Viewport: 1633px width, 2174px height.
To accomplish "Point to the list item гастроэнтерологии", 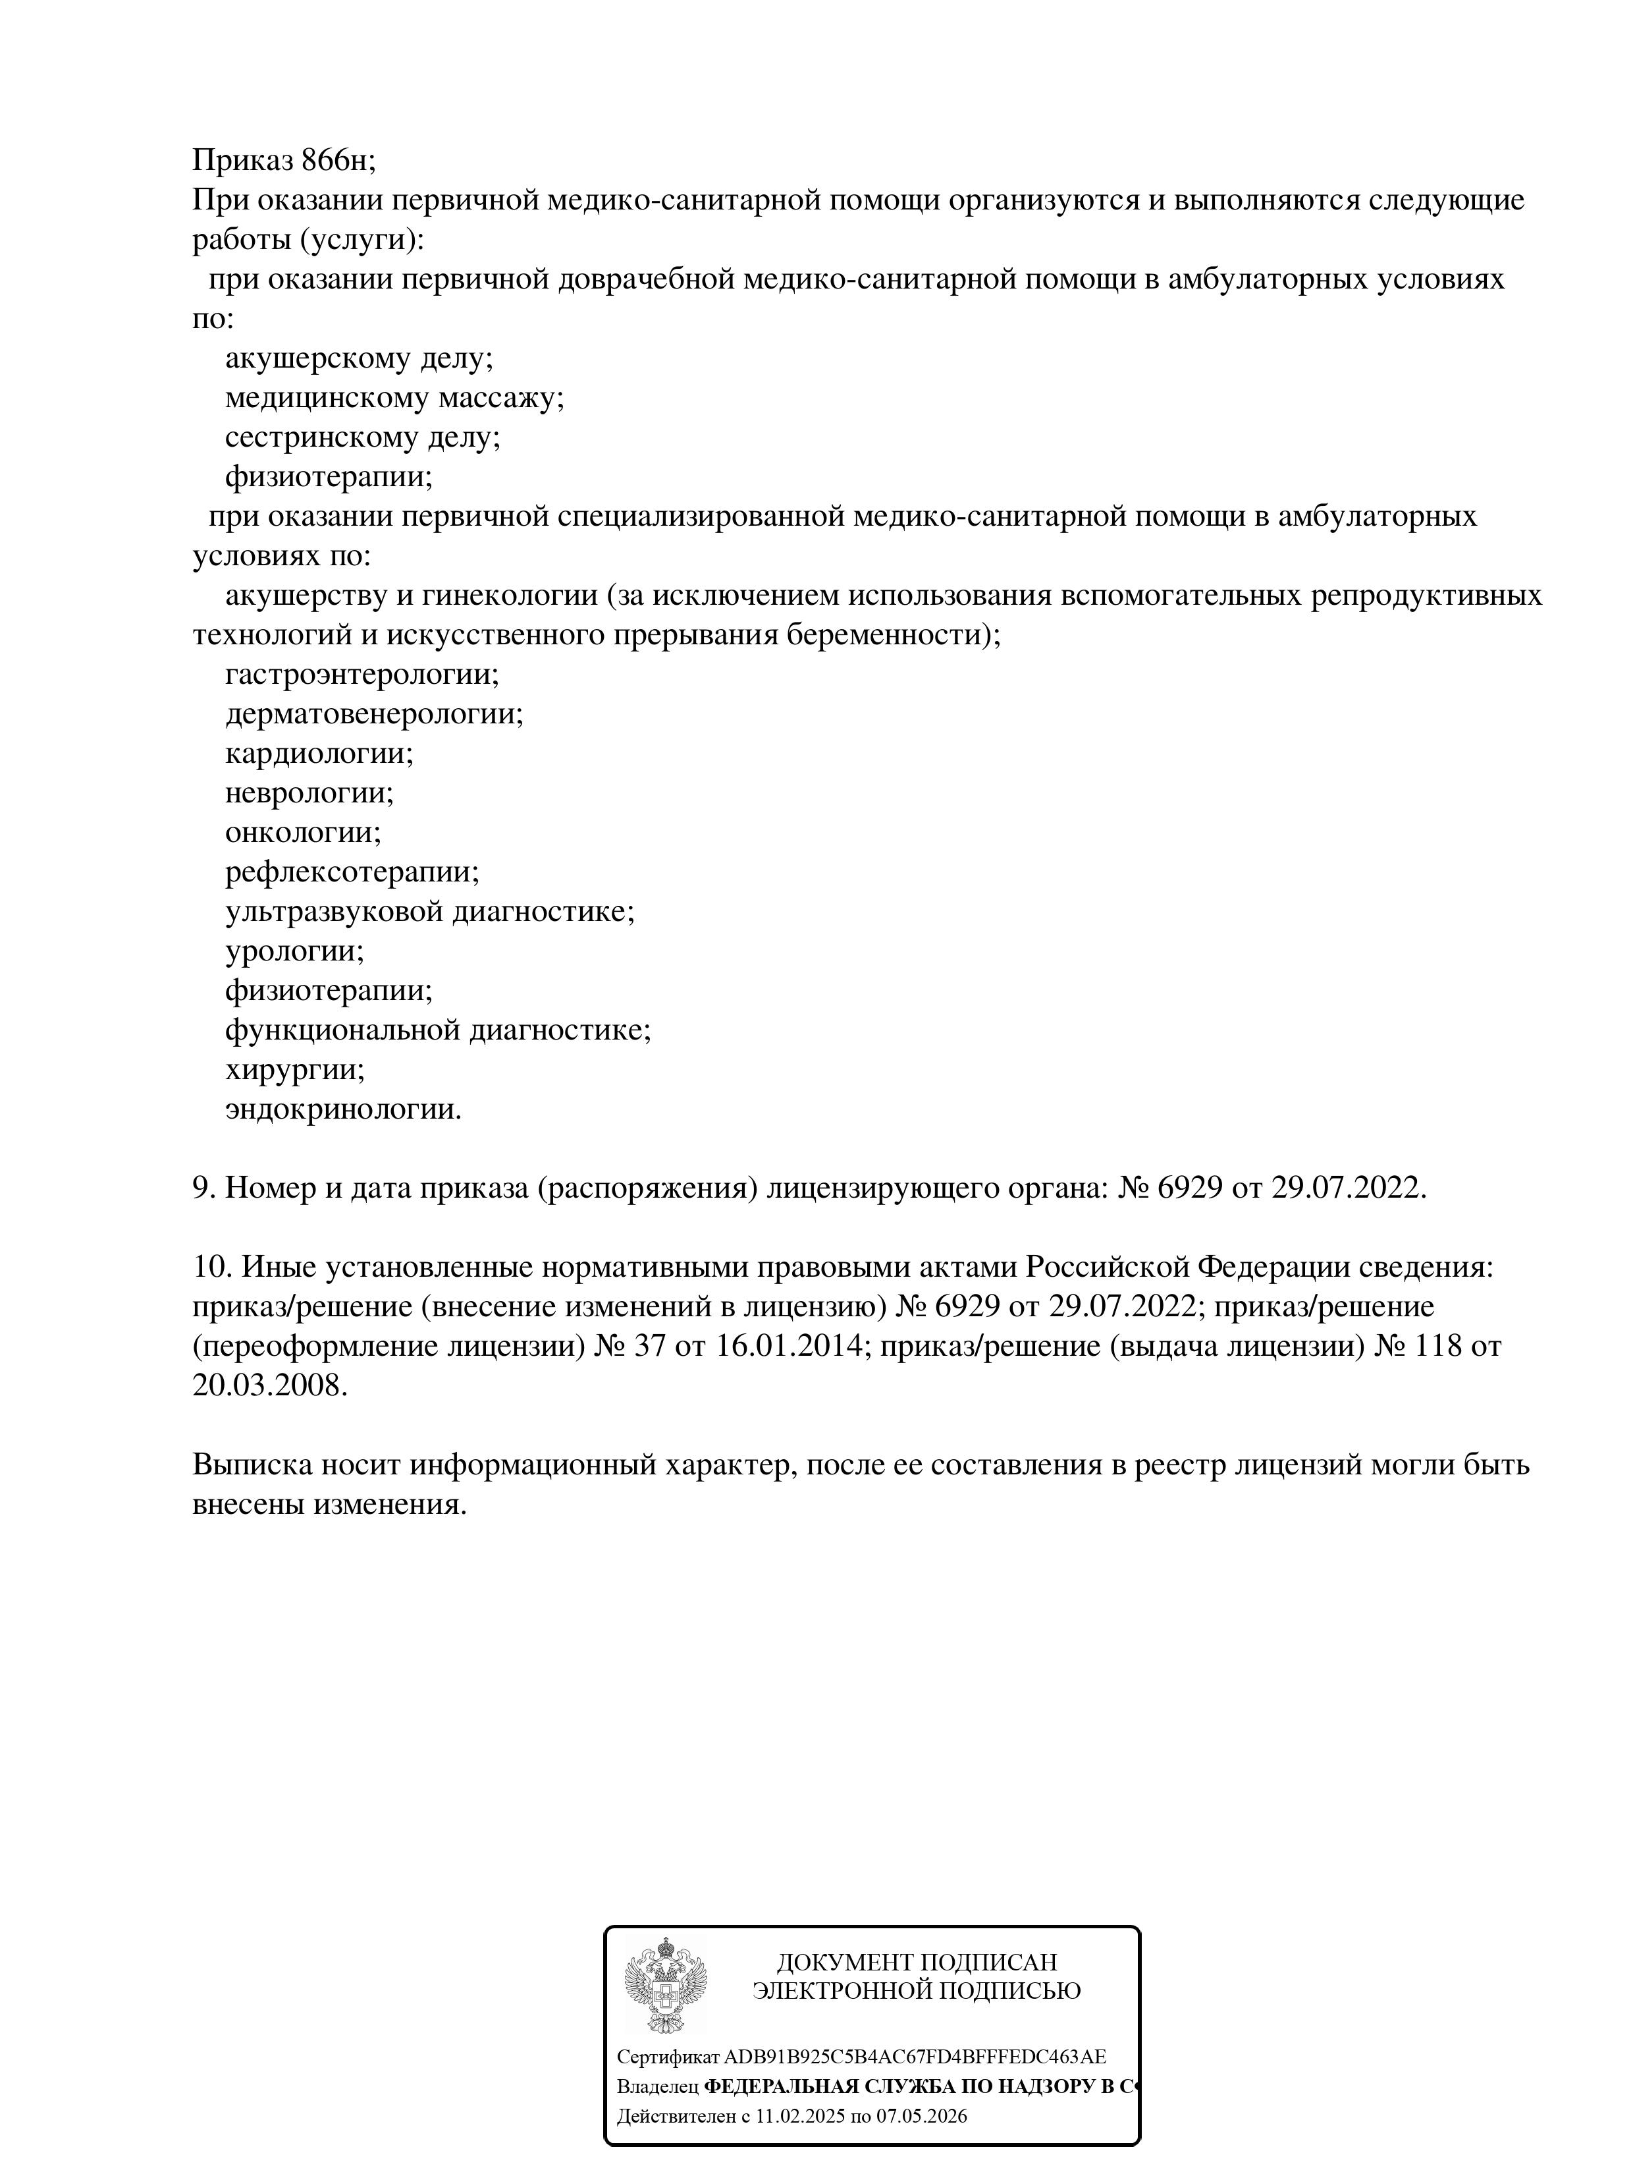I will [361, 674].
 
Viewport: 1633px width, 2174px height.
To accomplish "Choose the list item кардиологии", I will [318, 753].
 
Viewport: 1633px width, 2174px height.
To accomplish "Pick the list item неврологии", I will [309, 792].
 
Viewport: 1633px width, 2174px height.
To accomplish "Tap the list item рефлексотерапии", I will [352, 872].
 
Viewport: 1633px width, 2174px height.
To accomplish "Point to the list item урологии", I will [294, 951].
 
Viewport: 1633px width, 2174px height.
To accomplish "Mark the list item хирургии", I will [294, 1069].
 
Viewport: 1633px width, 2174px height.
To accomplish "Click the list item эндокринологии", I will [343, 1109].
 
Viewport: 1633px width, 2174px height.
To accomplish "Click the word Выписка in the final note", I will [251, 1464].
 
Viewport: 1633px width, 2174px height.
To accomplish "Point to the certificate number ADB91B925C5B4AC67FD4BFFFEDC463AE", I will [914, 2057].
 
